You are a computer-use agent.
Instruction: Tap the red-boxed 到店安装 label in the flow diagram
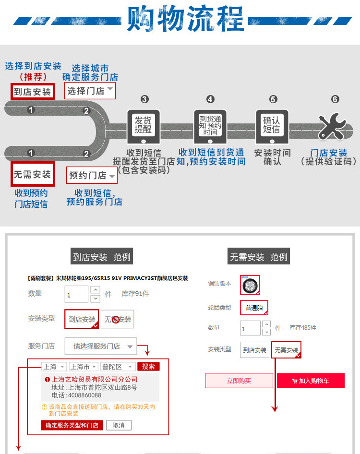(x=32, y=91)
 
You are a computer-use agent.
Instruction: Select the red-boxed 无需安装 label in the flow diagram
(x=32, y=174)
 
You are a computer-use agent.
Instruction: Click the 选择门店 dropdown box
(x=90, y=91)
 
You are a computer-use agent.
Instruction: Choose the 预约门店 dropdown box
(x=92, y=176)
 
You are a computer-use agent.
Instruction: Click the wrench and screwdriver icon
(x=333, y=126)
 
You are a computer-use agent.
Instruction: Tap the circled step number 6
(x=335, y=99)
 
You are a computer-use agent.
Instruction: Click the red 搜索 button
(x=148, y=367)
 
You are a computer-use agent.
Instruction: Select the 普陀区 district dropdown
(x=118, y=367)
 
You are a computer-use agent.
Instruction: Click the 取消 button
(x=119, y=425)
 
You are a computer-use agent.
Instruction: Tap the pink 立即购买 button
(x=239, y=381)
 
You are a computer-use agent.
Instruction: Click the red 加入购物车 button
(x=311, y=381)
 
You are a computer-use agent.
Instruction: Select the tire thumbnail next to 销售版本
(x=250, y=285)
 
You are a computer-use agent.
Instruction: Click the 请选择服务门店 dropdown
(x=103, y=346)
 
